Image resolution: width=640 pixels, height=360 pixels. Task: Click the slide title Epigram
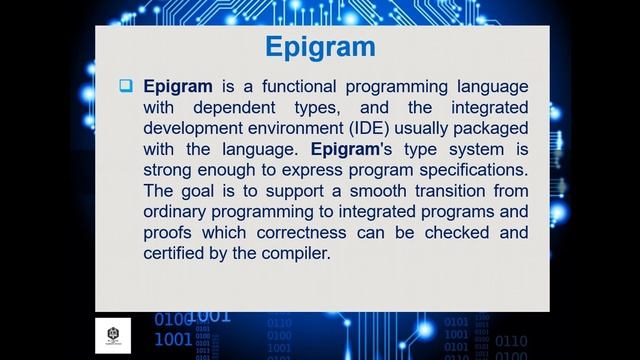point(320,47)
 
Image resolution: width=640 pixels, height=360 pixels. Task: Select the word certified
point(177,254)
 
